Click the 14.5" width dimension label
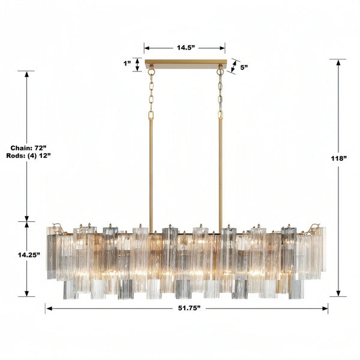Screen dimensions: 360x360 184,46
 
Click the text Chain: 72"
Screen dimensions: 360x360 28,147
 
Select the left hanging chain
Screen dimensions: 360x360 151,93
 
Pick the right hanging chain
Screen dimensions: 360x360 220,93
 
